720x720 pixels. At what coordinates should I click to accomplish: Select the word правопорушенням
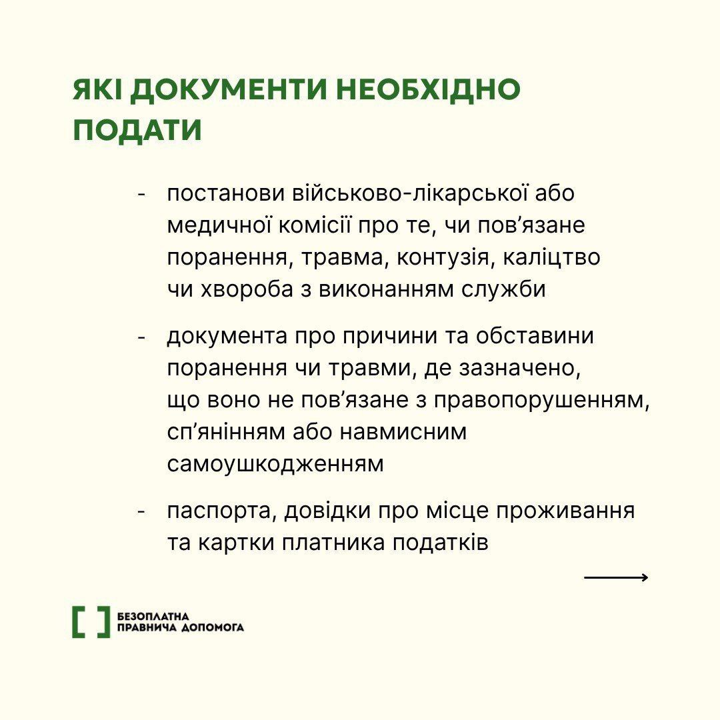(541, 400)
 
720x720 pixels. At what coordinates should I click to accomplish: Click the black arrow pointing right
(616, 577)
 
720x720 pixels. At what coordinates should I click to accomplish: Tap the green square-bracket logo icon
(90, 623)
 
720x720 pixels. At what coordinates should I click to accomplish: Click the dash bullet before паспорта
(141, 512)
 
